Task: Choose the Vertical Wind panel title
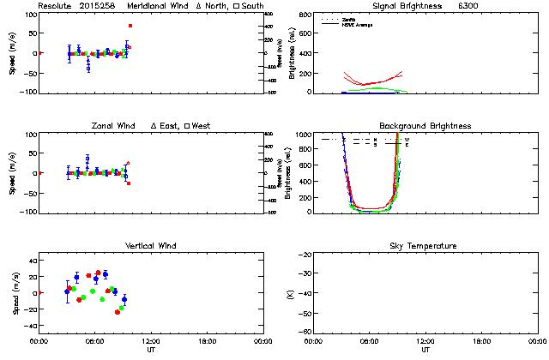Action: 150,246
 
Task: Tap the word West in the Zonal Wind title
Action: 202,126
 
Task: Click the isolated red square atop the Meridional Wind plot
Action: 130,27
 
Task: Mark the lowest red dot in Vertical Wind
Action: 118,311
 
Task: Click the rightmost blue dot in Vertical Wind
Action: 124,299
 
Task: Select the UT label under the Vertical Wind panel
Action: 151,350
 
